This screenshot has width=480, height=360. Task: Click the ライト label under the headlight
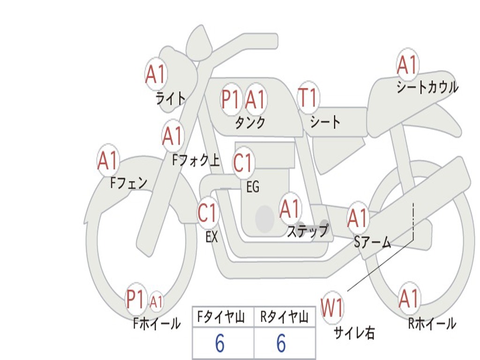pyautogui.click(x=170, y=98)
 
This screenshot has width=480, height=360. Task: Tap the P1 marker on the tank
pyautogui.click(x=230, y=99)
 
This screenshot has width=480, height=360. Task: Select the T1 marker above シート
pyautogui.click(x=308, y=98)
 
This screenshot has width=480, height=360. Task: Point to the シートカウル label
pyautogui.click(x=427, y=87)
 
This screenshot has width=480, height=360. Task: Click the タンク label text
pyautogui.click(x=250, y=122)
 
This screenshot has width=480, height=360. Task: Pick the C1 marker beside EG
pyautogui.click(x=243, y=163)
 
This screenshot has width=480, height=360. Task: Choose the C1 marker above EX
pyautogui.click(x=208, y=213)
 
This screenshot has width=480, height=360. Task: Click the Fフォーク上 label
pyautogui.click(x=196, y=161)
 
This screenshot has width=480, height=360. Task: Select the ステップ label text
pyautogui.click(x=307, y=231)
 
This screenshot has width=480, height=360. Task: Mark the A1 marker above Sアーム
pyautogui.click(x=358, y=218)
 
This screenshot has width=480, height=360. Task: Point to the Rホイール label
pyautogui.click(x=432, y=323)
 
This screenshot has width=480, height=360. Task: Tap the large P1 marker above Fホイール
pyautogui.click(x=135, y=300)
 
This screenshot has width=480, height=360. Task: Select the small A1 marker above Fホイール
pyautogui.click(x=157, y=301)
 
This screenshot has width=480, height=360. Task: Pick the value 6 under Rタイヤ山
pyautogui.click(x=281, y=344)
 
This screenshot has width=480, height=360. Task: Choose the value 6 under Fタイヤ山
pyautogui.click(x=219, y=344)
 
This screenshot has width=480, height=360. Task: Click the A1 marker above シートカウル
pyautogui.click(x=407, y=65)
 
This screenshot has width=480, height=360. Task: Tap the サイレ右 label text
pyautogui.click(x=354, y=332)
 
